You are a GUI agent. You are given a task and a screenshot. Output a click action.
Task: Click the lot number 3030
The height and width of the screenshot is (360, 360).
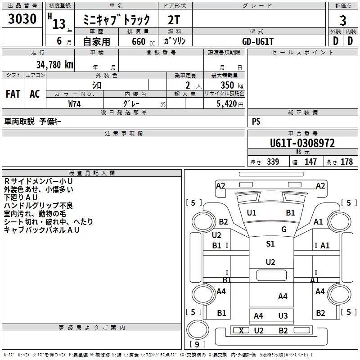22,19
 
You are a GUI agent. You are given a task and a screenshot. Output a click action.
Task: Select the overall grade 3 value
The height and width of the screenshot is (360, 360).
343,20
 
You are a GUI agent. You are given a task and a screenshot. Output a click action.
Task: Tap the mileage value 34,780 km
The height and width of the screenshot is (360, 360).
54,65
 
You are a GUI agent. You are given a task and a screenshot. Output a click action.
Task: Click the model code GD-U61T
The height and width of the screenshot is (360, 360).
258,41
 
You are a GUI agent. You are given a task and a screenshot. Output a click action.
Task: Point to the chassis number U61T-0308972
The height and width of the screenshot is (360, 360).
302,143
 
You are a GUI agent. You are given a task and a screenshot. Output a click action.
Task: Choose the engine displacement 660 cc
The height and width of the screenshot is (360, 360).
143,41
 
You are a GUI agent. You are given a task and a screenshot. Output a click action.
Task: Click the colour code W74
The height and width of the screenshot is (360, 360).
74,104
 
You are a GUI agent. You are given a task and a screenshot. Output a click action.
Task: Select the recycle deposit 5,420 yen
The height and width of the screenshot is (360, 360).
230,104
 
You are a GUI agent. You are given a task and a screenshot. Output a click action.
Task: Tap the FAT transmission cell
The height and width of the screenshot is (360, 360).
13,94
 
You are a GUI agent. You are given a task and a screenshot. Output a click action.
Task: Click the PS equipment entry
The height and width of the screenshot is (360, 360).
256,121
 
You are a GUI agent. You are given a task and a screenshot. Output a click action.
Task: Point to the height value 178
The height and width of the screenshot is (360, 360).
346,162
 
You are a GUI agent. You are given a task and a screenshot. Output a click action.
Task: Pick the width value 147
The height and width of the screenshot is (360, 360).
310,162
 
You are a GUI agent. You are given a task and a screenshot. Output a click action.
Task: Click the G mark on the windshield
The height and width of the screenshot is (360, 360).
284,229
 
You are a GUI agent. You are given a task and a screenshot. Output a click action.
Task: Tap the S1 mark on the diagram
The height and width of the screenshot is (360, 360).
270,243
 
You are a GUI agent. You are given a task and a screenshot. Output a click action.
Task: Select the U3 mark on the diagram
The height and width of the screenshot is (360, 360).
283,316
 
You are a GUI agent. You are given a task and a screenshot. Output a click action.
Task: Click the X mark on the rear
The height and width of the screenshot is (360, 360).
241,331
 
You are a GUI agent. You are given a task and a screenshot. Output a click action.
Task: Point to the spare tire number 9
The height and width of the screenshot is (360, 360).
197,345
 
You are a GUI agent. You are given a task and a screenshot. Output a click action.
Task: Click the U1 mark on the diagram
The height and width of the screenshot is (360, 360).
252,213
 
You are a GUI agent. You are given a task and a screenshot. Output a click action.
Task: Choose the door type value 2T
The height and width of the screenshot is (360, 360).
174,20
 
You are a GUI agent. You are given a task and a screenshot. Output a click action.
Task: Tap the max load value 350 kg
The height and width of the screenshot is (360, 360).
232,85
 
